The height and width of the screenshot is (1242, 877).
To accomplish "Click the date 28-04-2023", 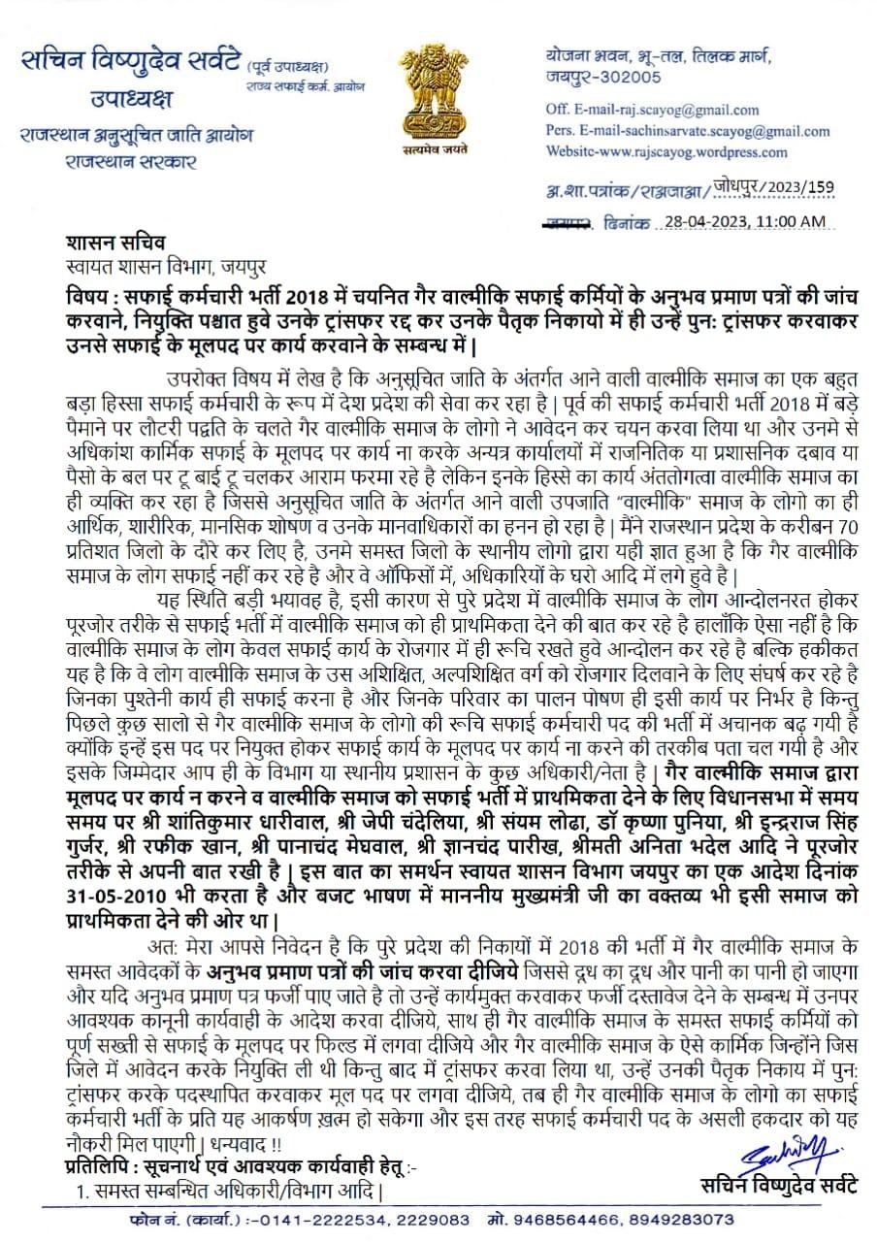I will (707, 221).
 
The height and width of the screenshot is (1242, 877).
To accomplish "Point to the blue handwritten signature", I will (787, 1154).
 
